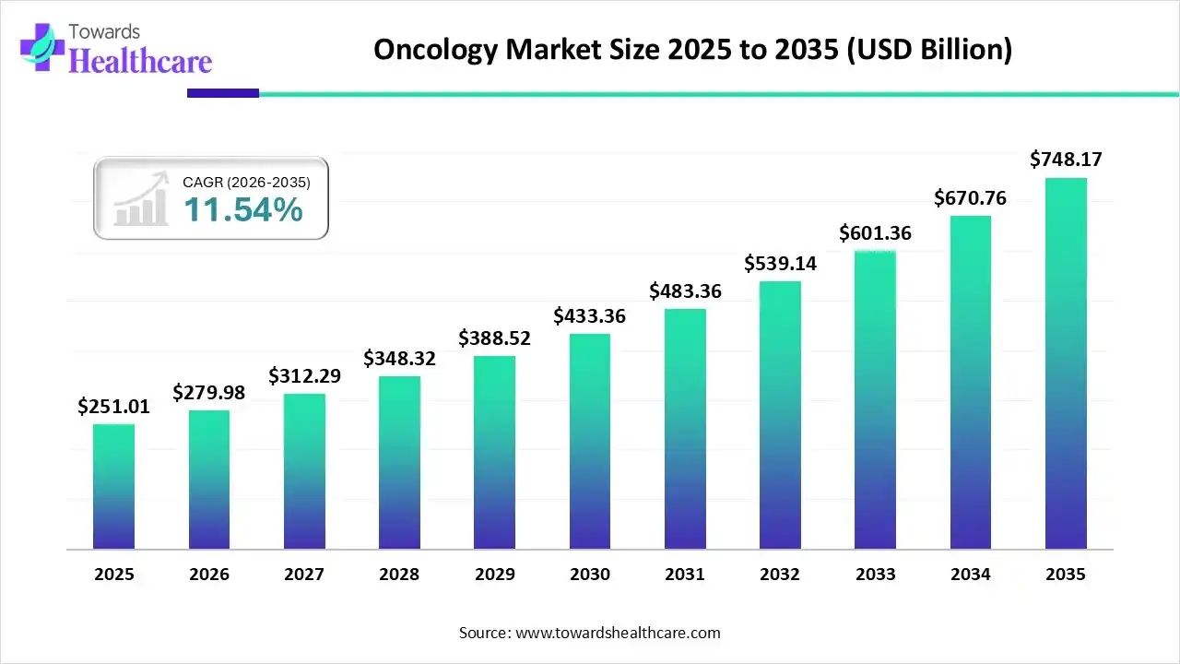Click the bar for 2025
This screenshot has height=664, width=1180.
[113, 487]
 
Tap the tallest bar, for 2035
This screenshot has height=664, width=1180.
[1066, 363]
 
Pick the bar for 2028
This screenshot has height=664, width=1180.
[399, 462]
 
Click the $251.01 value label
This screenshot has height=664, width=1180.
[113, 407]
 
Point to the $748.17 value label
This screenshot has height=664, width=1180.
[1066, 160]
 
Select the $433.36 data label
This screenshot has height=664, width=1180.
[589, 316]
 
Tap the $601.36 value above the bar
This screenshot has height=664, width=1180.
[875, 233]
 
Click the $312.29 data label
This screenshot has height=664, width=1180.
[304, 376]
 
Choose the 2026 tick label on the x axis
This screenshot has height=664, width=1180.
[209, 575]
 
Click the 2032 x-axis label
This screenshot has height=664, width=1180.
[780, 575]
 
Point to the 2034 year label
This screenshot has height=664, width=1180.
[971, 575]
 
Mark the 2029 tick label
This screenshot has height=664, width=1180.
[494, 575]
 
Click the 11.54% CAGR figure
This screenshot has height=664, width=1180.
[243, 210]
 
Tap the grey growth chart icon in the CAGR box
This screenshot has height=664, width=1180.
[141, 199]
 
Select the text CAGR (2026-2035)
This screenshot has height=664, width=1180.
[246, 183]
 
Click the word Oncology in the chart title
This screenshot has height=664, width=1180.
[434, 50]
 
